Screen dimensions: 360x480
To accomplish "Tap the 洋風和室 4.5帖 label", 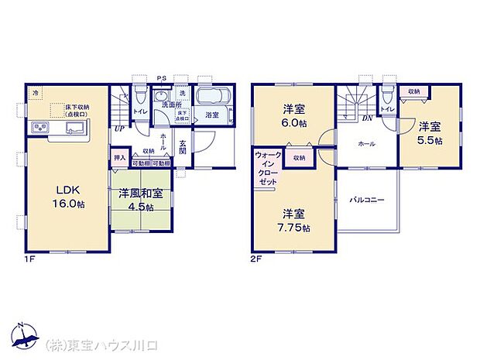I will pyautogui.click(x=140, y=201).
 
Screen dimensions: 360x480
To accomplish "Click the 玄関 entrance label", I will pyautogui.click(x=183, y=147).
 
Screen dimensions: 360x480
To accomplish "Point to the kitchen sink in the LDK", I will pyautogui.click(x=75, y=129).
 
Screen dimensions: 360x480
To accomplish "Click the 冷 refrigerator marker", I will pyautogui.click(x=36, y=94).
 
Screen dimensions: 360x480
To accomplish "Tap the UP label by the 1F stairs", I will pyautogui.click(x=119, y=129).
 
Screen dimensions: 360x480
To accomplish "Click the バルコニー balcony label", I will pyautogui.click(x=366, y=201).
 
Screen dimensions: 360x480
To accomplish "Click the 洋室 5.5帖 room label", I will pyautogui.click(x=430, y=133).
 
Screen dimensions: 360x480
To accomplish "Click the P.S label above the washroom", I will pyautogui.click(x=160, y=77).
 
